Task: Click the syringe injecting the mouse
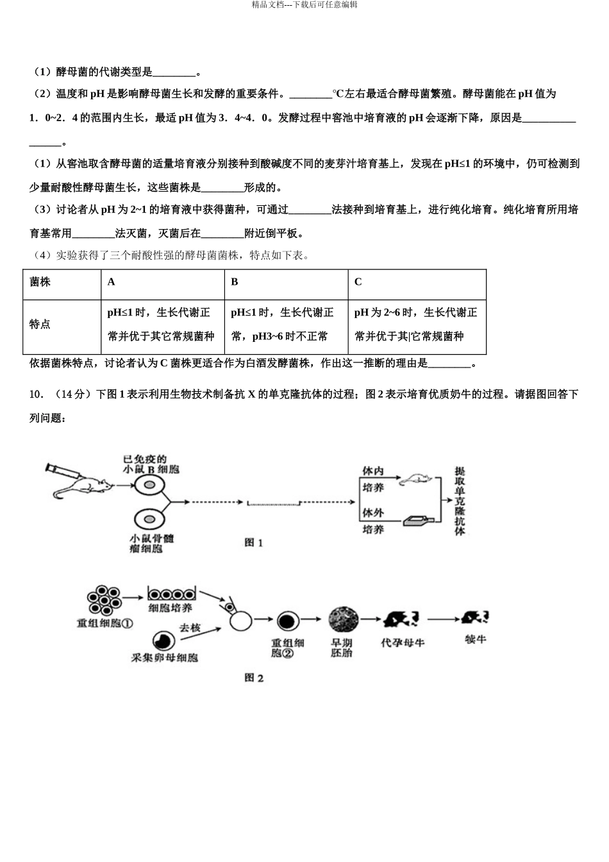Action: [x=62, y=471]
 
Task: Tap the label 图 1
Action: [x=254, y=543]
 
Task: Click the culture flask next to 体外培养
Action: [x=420, y=520]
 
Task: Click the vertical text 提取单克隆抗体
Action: [x=460, y=500]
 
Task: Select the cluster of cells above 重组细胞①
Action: [x=104, y=599]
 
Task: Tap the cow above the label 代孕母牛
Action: [x=400, y=618]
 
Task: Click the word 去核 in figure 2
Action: [x=189, y=628]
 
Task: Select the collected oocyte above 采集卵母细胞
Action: [x=163, y=639]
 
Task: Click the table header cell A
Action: [x=112, y=282]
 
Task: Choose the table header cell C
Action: [x=358, y=282]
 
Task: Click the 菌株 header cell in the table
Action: [x=40, y=282]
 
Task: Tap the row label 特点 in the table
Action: [x=40, y=324]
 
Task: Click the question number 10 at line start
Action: [x=36, y=394]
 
